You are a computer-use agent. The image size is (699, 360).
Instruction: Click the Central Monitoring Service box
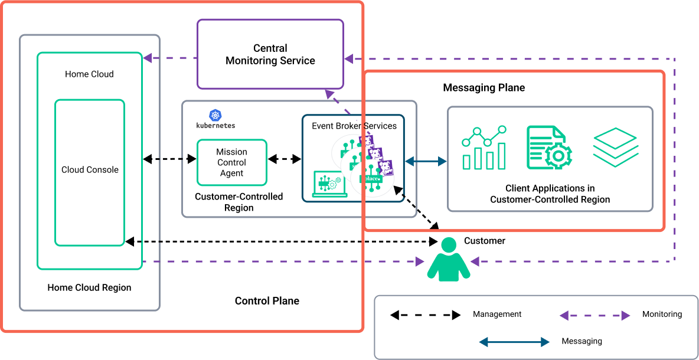[270, 54]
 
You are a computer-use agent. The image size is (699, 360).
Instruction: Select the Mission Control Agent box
[231, 162]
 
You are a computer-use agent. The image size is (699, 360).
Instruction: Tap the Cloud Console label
[90, 170]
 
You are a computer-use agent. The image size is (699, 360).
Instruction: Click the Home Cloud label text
[89, 74]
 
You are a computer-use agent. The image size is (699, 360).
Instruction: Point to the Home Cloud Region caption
[89, 288]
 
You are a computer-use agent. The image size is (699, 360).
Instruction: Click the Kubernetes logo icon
[215, 115]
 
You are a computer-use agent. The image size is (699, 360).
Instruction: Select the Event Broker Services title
[354, 126]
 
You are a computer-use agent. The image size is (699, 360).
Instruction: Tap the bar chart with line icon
[484, 147]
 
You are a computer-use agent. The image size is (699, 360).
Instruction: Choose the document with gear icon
[549, 147]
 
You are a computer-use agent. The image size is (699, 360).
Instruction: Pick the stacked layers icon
[615, 146]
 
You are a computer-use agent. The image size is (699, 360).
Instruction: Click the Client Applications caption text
[550, 194]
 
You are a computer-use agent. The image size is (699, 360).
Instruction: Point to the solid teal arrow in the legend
[514, 342]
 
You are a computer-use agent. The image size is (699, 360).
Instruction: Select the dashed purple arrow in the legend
[595, 316]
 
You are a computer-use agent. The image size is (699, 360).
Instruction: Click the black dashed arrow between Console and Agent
[169, 159]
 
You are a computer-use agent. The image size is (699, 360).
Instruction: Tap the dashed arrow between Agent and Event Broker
[285, 159]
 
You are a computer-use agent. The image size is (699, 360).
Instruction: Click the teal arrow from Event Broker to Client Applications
[426, 161]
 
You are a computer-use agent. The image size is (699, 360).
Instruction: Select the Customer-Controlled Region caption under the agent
[239, 202]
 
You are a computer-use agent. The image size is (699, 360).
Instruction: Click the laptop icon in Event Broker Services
[328, 183]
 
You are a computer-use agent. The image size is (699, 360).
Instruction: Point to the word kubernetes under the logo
[215, 126]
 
